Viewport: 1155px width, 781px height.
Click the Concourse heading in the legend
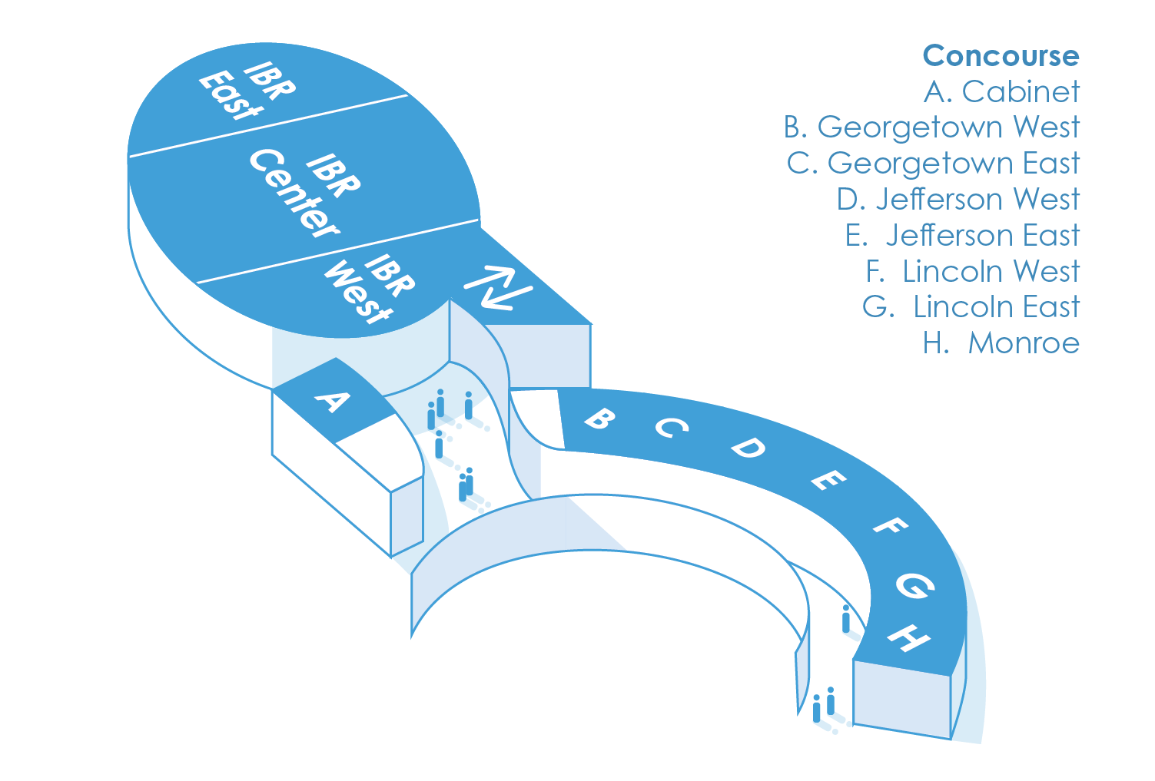(1001, 56)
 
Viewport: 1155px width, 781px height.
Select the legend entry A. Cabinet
(1001, 91)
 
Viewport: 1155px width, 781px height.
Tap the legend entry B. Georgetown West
(931, 127)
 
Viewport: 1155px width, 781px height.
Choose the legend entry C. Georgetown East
(933, 164)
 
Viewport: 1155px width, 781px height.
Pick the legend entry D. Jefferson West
(958, 200)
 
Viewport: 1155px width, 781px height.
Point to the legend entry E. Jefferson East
(962, 236)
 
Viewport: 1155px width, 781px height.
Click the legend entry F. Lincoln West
(972, 272)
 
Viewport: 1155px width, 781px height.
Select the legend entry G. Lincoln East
(971, 307)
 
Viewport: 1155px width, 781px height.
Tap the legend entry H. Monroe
(1001, 343)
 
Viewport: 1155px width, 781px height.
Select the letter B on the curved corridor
(599, 419)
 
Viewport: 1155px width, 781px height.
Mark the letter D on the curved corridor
(747, 448)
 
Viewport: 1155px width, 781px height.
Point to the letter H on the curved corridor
(910, 637)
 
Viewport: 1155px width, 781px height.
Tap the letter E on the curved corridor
(828, 482)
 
